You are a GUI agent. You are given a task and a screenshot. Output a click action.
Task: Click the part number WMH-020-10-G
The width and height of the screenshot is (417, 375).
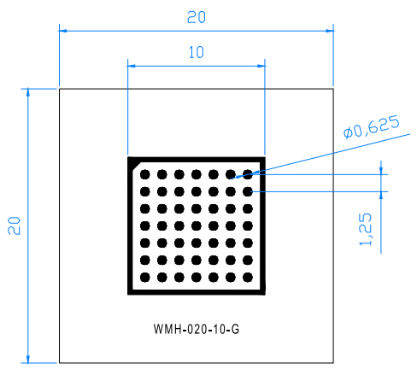pyautogui.click(x=197, y=329)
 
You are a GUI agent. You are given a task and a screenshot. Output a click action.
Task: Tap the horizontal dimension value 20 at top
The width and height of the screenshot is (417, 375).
pyautogui.click(x=197, y=17)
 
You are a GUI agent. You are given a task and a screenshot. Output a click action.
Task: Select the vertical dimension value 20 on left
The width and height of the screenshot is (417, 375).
pyautogui.click(x=15, y=226)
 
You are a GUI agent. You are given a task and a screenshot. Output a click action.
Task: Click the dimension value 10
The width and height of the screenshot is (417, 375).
pyautogui.click(x=197, y=52)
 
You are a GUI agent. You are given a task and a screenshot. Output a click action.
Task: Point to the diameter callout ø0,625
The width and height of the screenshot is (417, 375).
pyautogui.click(x=372, y=127)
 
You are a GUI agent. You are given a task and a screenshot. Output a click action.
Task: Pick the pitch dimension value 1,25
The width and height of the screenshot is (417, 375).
pyautogui.click(x=366, y=229)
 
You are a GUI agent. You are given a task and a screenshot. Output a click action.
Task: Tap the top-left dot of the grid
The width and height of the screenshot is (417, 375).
pyautogui.click(x=145, y=174)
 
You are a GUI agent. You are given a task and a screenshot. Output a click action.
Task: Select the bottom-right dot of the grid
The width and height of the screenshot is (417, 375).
pyautogui.click(x=248, y=277)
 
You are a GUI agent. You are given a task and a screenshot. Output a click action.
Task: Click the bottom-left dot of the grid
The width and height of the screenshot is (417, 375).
pyautogui.click(x=145, y=277)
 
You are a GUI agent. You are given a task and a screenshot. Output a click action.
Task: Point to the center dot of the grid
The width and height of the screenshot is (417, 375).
pyautogui.click(x=197, y=226)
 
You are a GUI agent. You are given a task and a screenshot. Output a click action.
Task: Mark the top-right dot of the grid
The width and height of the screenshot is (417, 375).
pyautogui.click(x=248, y=174)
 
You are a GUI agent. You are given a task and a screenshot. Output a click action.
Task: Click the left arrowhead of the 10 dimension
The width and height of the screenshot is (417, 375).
pyautogui.click(x=132, y=66)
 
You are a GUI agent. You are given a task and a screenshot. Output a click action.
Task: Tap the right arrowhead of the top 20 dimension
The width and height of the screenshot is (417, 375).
pyautogui.click(x=330, y=31)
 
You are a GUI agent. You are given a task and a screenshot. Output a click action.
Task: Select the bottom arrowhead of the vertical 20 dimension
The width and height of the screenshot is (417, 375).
pyautogui.click(x=28, y=359)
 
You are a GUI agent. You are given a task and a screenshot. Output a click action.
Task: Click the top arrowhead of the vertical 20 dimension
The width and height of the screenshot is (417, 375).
pyautogui.click(x=28, y=93)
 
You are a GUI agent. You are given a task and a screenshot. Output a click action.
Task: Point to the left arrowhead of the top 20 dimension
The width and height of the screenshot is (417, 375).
pyautogui.click(x=63, y=31)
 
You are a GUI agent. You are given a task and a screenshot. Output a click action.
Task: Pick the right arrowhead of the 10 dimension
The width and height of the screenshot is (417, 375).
pyautogui.click(x=261, y=66)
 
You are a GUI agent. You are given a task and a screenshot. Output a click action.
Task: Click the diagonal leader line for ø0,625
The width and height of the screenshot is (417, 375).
pyautogui.click(x=320, y=156)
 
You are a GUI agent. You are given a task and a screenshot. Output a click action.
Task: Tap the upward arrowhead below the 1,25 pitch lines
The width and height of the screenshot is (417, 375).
pyautogui.click(x=381, y=196)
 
